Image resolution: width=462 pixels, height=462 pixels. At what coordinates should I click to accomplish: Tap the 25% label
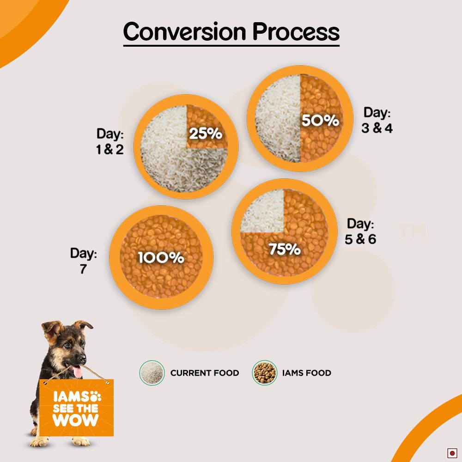pos(206,134)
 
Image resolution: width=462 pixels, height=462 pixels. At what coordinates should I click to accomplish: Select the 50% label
pos(320,121)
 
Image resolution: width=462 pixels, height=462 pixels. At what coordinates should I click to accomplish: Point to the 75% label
pos(285,249)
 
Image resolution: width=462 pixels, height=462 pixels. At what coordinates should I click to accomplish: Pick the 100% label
pos(161,258)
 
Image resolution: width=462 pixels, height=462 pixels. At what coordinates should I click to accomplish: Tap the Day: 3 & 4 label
pos(377,120)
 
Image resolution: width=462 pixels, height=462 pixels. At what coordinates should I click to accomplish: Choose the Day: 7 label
pos(84,261)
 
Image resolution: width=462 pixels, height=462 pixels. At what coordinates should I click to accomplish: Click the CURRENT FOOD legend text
pos(205,373)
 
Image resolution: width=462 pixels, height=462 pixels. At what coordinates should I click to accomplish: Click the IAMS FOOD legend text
pos(307,373)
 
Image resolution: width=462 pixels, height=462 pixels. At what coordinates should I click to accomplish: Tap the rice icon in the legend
pos(152,373)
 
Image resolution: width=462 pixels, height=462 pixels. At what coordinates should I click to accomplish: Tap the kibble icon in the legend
pos(264,373)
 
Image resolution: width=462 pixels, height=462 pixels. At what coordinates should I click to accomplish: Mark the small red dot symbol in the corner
pos(452,453)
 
